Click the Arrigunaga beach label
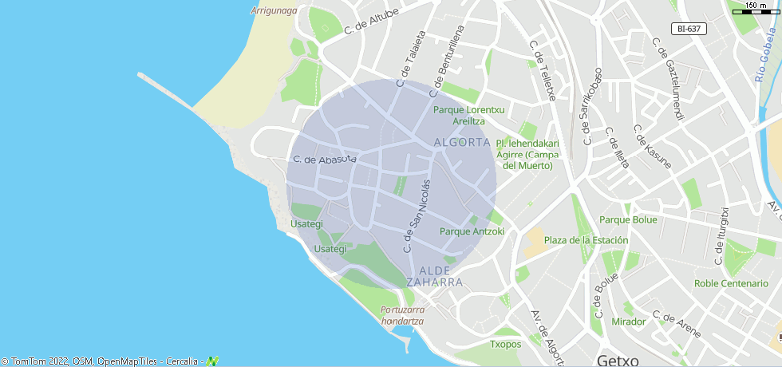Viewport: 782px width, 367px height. [x=274, y=10]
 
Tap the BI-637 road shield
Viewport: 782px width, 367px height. [x=688, y=29]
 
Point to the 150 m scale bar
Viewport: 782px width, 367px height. [x=756, y=8]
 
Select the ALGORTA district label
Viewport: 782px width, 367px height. [x=461, y=142]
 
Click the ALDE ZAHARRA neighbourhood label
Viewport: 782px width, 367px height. [x=434, y=276]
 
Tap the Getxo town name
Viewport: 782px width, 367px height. [x=618, y=360]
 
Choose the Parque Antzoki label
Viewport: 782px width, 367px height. [x=472, y=231]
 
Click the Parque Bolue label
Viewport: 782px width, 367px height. [x=628, y=219]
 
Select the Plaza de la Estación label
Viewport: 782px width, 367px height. [x=586, y=240]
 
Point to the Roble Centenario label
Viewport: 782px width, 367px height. [x=730, y=283]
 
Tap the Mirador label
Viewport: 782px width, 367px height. [x=628, y=322]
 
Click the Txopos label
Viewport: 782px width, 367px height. [x=505, y=345]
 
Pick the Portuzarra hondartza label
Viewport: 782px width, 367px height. [x=403, y=315]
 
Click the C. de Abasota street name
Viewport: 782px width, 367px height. [x=324, y=160]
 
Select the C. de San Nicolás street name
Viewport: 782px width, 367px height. [x=417, y=215]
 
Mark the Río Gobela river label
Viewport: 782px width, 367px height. [x=767, y=56]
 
